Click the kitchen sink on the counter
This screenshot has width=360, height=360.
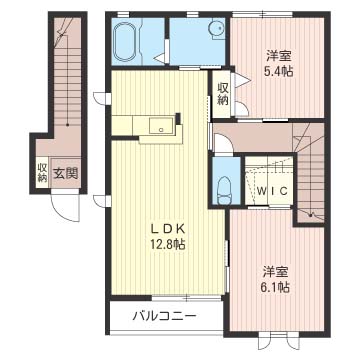(159, 126)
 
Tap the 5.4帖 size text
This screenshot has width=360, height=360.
(279, 71)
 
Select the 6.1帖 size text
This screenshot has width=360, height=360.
(277, 287)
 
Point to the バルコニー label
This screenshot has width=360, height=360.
(164, 317)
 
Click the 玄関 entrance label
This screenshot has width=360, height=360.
(66, 173)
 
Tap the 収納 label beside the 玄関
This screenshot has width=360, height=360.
(42, 173)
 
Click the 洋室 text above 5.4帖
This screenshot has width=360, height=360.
(279, 56)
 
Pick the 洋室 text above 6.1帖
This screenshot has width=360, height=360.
(277, 271)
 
